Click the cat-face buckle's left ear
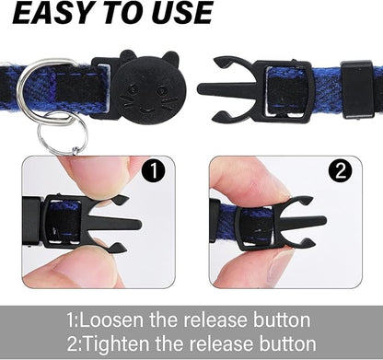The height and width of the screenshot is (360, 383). coord(127,55)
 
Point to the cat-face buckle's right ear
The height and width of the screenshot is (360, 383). coord(170,58)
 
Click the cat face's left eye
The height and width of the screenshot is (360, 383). coord(133,89)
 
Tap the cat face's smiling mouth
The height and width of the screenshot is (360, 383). coord(148,110)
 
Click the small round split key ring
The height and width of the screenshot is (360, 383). coord(63,133)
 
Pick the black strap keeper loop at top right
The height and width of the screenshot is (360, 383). coord(357,89)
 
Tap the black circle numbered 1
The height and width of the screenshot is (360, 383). coord(154,171)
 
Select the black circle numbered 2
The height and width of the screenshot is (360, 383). coord(341,171)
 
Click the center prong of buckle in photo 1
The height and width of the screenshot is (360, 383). coord(118,223)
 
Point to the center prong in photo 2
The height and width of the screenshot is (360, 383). coord(302,221)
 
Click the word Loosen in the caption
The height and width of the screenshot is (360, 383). coord(111,319)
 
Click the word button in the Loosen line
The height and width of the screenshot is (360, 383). coord(282,319)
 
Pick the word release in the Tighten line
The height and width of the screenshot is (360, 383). coord(219,343)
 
